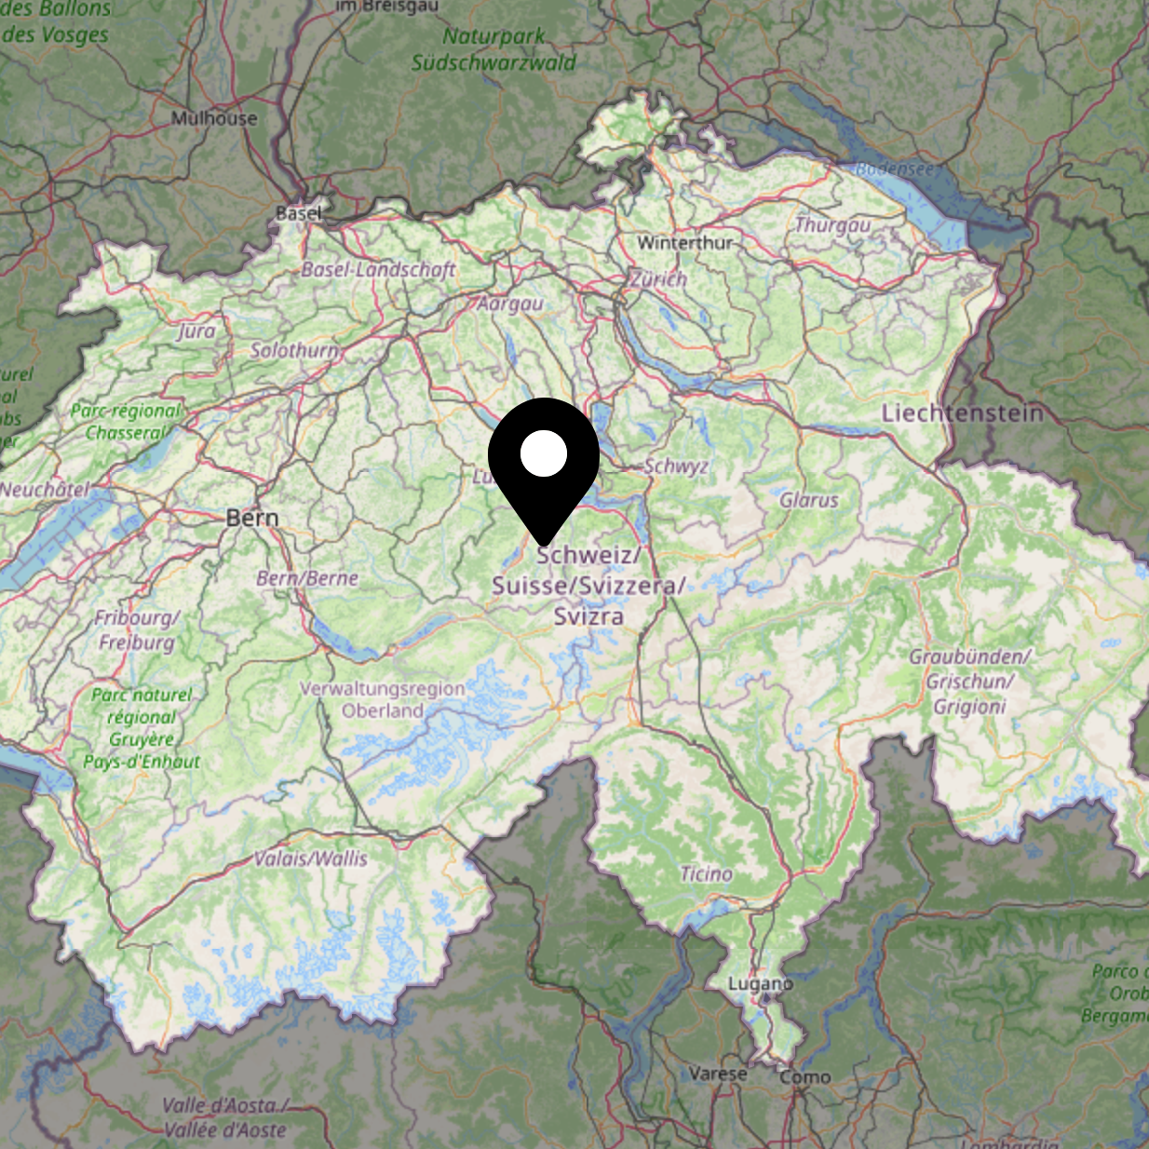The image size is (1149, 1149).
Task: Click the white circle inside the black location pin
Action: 544,453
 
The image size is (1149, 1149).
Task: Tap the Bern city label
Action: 252,518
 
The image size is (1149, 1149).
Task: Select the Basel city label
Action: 299,213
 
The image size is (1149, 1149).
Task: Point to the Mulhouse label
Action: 214,118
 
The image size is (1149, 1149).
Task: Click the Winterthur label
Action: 685,242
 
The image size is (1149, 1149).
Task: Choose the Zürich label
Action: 658,278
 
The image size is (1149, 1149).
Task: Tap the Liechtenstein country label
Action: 963,412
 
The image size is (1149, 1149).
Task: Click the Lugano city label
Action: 760,983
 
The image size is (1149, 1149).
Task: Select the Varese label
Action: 718,1073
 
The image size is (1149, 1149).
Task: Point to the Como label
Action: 805,1076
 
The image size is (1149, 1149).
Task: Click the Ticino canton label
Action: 706,873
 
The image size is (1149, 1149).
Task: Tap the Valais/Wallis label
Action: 311,858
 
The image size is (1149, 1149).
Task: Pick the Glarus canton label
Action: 809,500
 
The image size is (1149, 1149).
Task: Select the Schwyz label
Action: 677,466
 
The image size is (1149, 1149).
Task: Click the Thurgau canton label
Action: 832,225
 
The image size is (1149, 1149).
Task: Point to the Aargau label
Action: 510,304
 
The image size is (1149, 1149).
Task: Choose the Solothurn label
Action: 294,350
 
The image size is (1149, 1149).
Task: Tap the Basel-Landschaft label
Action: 378,270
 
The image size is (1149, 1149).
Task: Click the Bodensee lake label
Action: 894,169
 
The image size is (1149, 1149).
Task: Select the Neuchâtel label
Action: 45,490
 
